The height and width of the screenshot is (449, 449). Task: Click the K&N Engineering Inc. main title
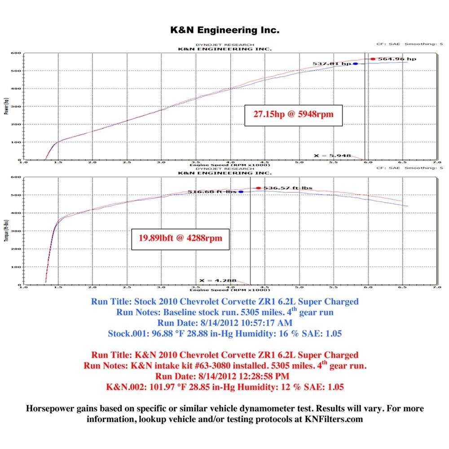point(224,31)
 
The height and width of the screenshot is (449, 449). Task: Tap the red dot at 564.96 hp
point(373,59)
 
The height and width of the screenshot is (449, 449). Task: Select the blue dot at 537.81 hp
point(356,64)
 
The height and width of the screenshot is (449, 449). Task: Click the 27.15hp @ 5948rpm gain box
point(293,115)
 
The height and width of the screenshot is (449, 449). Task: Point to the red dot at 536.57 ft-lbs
point(258,188)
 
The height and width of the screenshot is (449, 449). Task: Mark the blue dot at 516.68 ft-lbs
point(241,192)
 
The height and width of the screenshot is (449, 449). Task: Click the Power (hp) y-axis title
point(6,106)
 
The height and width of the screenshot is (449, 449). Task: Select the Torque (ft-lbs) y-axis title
point(6,231)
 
